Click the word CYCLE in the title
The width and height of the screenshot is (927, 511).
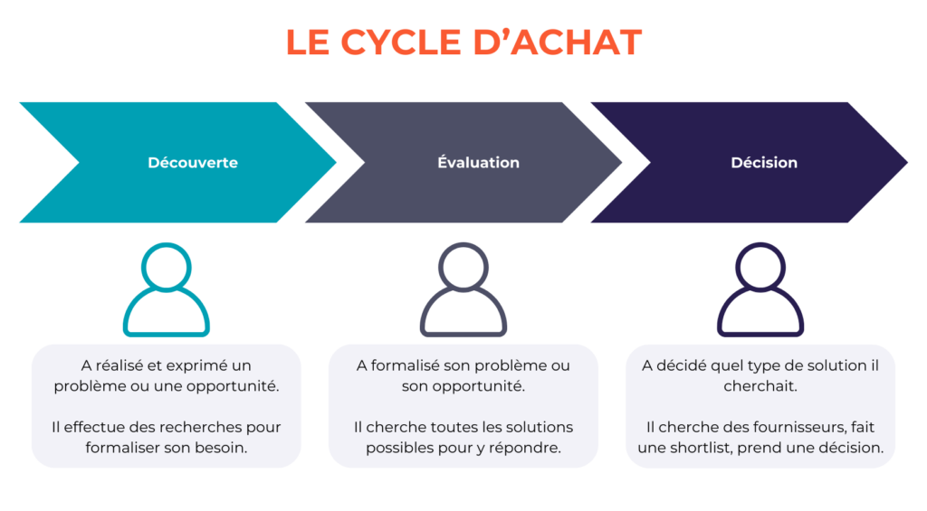pos(400,43)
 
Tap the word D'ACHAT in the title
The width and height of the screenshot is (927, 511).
pos(558,43)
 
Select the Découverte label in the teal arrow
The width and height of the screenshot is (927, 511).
pos(193,163)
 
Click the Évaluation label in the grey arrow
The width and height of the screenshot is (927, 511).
pos(478,162)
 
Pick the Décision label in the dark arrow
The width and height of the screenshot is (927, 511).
pos(764,163)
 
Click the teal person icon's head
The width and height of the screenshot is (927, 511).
pos(167,267)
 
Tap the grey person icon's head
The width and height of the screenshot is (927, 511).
pos(463,267)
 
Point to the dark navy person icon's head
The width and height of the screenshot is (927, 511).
pos(760,267)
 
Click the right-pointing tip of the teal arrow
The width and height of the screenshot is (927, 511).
pos(336,163)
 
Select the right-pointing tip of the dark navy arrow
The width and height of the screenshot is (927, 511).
pos(907,163)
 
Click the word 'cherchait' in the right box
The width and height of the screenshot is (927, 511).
pos(760,386)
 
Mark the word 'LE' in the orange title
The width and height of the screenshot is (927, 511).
pos(308,43)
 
